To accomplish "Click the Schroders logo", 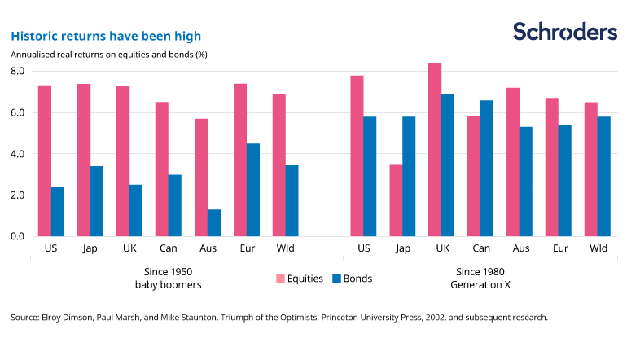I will [564, 32].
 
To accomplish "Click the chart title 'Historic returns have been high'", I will [105, 36].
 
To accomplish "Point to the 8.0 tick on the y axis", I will [17, 72].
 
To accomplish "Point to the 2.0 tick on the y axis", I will [17, 195].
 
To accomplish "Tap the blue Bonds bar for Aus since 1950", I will [213, 222].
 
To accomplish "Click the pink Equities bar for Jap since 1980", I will [396, 200].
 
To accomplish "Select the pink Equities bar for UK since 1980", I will [435, 149].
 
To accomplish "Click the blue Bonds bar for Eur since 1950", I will [252, 190].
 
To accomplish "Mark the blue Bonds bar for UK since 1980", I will [448, 165].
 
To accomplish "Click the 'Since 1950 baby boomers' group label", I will [169, 278].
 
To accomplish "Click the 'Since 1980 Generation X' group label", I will [480, 278].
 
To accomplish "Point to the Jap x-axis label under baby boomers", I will [90, 248].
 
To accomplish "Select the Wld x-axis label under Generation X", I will [596, 248].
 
